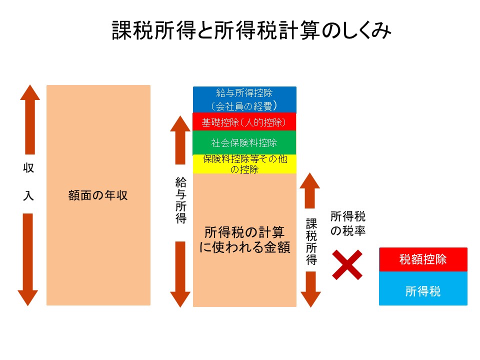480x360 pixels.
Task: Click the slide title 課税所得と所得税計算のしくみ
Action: pos(251,31)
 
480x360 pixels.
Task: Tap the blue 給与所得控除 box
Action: pos(244,99)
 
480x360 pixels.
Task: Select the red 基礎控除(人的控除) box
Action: pos(244,122)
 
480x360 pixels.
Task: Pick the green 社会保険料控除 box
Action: pos(244,143)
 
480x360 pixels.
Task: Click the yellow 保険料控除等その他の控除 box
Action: pos(244,164)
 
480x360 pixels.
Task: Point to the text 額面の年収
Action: pos(98,195)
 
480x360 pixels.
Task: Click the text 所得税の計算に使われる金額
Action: pos(244,239)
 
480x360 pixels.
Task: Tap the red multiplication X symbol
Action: pos(347,264)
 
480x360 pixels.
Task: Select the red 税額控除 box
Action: pos(423,259)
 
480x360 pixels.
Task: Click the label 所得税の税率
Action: pos(348,224)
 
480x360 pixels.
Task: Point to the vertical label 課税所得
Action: pos(311,240)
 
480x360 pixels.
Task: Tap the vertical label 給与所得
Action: pos(180,199)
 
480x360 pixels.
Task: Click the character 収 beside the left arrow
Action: pos(28,168)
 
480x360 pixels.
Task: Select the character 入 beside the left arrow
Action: pos(28,195)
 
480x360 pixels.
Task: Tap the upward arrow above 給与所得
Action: pos(180,140)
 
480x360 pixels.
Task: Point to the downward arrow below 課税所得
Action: pos(311,289)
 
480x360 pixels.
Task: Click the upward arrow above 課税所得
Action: pos(310,190)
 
